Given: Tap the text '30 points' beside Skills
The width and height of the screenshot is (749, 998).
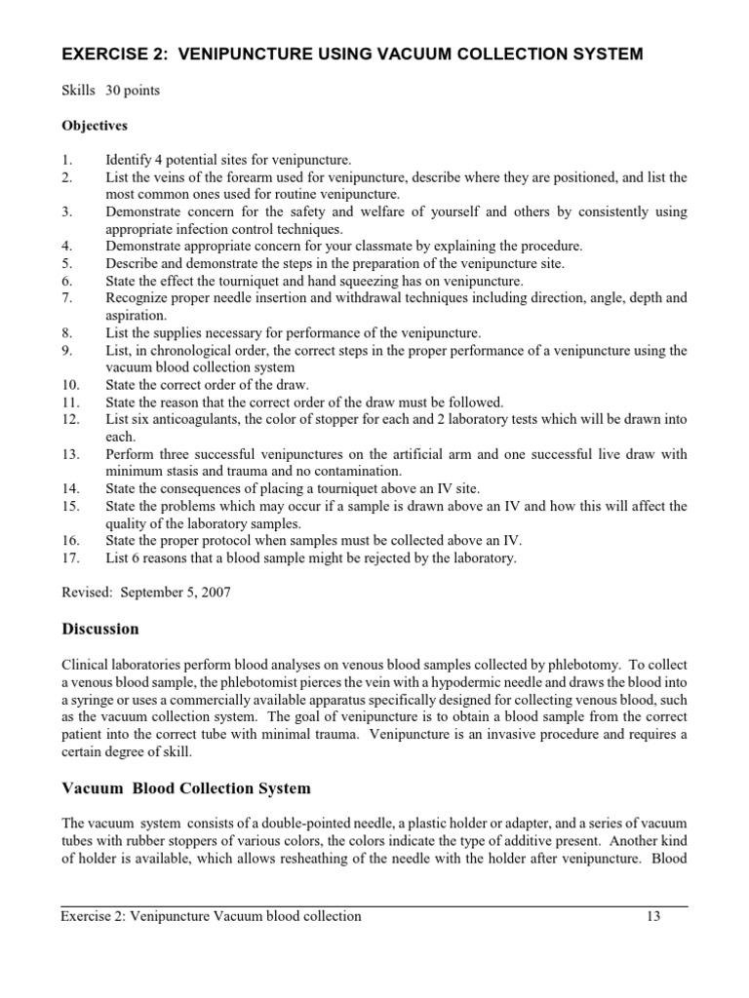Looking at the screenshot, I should pyautogui.click(x=133, y=91).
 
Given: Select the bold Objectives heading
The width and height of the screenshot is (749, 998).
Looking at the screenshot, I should pyautogui.click(x=95, y=126).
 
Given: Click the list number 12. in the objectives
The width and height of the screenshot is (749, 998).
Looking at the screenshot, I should pyautogui.click(x=69, y=419).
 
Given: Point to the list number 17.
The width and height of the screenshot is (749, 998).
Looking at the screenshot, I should pyautogui.click(x=69, y=558).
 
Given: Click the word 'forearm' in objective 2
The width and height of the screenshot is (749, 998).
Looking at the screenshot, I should pyautogui.click(x=267, y=177).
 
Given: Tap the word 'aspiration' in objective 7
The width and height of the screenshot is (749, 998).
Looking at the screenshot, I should pyautogui.click(x=137, y=316).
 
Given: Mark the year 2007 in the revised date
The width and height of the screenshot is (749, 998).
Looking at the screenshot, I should pyautogui.click(x=214, y=593).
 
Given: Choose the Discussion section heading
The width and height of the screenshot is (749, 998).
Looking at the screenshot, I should pyautogui.click(x=100, y=629).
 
